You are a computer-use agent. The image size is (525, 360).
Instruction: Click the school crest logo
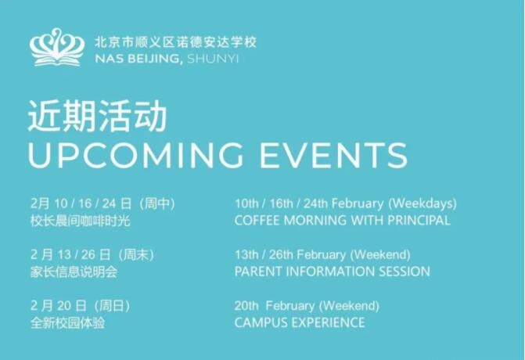coord(57,48)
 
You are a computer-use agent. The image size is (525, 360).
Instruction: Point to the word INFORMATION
coord(328,272)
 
